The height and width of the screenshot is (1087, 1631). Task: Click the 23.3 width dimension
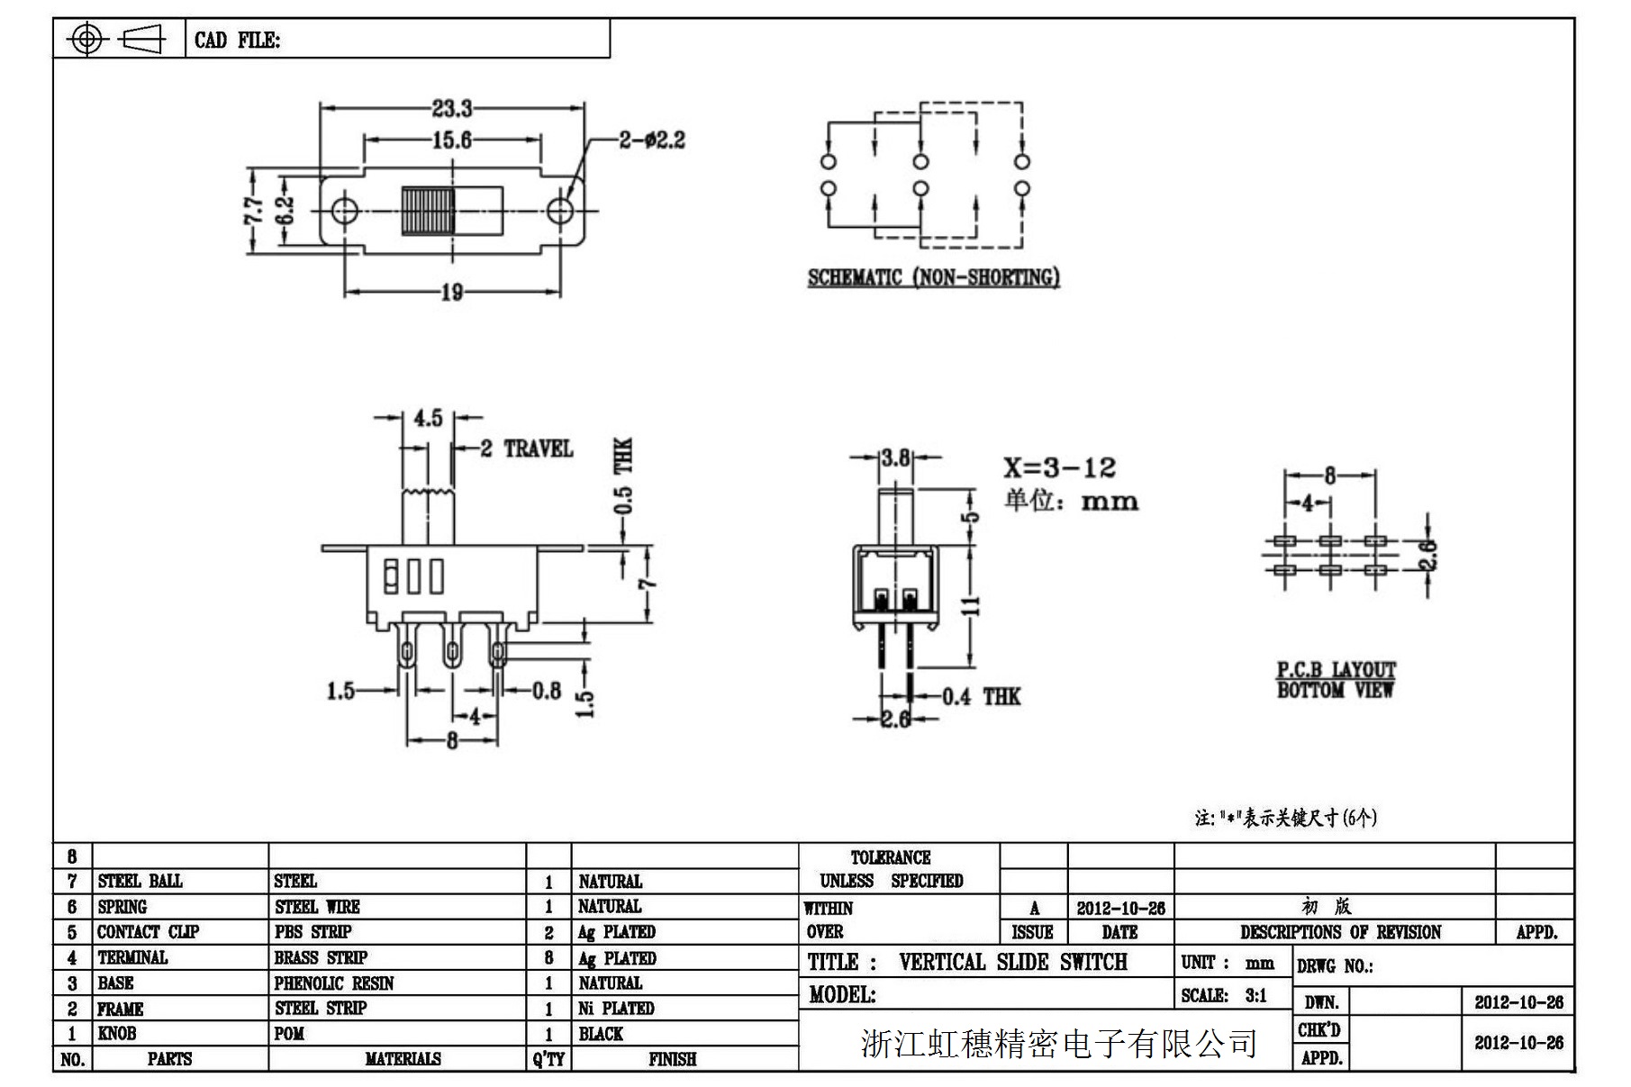tap(451, 109)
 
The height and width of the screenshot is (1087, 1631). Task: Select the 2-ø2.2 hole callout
tap(651, 140)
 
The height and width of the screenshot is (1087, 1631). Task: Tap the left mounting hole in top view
tap(344, 212)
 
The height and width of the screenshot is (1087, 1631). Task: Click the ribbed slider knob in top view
tap(428, 212)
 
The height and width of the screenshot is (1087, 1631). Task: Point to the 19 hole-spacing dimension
tap(452, 292)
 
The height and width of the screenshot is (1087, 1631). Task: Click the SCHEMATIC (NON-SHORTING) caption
tap(933, 277)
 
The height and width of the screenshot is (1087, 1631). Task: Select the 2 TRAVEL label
tap(527, 448)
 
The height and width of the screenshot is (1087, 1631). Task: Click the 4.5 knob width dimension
tap(428, 419)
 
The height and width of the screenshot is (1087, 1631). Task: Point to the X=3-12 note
tap(1060, 468)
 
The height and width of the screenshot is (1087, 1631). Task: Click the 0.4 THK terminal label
tap(982, 696)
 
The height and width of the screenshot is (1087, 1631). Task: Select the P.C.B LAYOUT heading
tap(1336, 670)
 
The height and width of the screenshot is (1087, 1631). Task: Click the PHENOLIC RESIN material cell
tap(334, 983)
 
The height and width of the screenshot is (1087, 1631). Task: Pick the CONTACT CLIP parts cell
tap(148, 932)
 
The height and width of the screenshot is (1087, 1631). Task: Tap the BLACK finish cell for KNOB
tap(601, 1034)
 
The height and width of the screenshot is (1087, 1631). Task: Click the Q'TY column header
tap(548, 1059)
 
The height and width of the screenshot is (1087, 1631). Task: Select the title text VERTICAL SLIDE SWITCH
tap(1012, 963)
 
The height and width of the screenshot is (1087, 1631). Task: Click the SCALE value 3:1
tap(1255, 995)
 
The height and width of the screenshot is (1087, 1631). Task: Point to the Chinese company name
tap(1059, 1044)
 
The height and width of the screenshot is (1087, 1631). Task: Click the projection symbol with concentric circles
tap(86, 39)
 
